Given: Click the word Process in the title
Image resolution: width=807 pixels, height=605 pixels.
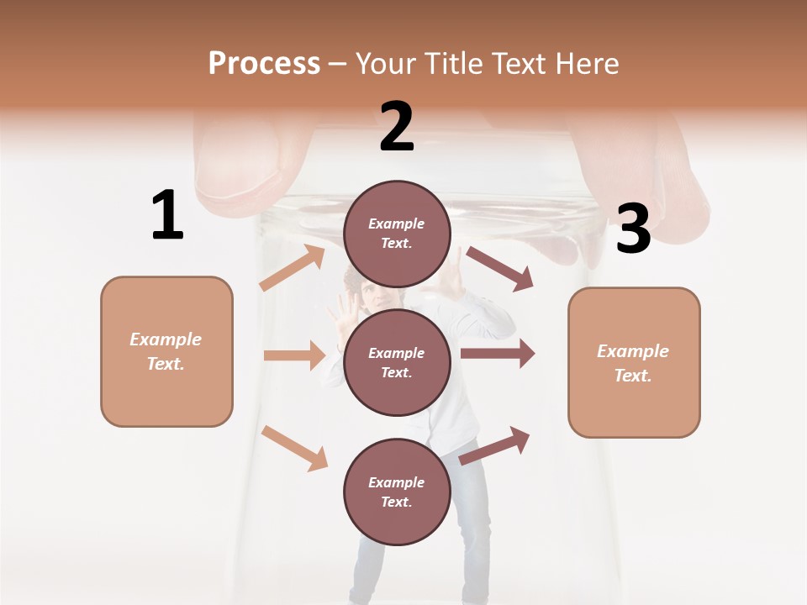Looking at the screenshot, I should (264, 64).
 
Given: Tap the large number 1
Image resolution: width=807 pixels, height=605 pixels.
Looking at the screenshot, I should (167, 215).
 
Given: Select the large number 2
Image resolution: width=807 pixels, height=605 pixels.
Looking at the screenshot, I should (397, 127).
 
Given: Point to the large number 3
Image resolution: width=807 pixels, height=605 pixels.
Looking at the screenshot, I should (633, 229).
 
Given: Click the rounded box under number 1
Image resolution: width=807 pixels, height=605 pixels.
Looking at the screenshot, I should (166, 351).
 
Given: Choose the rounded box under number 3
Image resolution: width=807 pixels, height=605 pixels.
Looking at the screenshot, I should (634, 363).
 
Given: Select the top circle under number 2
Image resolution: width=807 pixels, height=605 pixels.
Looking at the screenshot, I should (397, 234).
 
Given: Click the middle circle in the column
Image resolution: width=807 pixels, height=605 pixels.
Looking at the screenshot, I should (397, 363).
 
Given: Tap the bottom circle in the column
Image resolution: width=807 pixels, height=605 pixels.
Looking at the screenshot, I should (397, 492).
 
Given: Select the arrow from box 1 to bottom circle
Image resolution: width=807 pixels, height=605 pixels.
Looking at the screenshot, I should (295, 447).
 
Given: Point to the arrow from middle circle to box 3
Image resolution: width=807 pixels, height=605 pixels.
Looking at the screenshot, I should (498, 354).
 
